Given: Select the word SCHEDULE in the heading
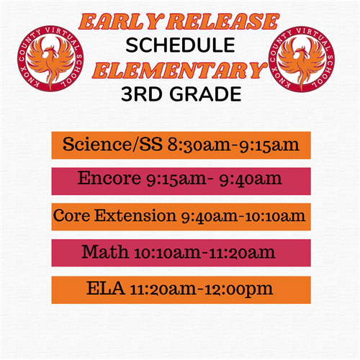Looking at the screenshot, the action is pyautogui.click(x=180, y=45).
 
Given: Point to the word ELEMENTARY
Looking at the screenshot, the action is pyautogui.click(x=179, y=71).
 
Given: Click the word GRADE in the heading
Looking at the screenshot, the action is pyautogui.click(x=205, y=94).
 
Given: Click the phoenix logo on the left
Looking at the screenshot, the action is pyautogui.click(x=50, y=58).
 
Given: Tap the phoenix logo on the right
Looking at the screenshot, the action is pyautogui.click(x=302, y=59).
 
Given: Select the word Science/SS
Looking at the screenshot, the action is pyautogui.click(x=112, y=145).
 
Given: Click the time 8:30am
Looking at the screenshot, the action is pyautogui.click(x=199, y=145).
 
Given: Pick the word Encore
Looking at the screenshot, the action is pyautogui.click(x=109, y=179).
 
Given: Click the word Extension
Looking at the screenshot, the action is pyautogui.click(x=135, y=215).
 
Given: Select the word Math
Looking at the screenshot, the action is pyautogui.click(x=105, y=252).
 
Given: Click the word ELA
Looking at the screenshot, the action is pyautogui.click(x=106, y=288).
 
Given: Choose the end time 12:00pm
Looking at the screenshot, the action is pyautogui.click(x=235, y=289).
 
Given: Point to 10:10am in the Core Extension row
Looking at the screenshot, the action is pyautogui.click(x=275, y=216).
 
